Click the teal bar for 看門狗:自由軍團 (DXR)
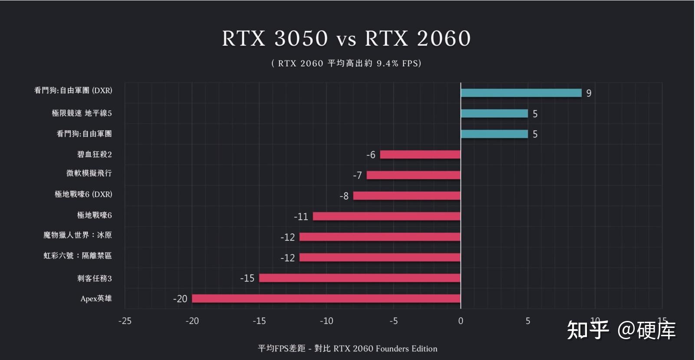[521, 93]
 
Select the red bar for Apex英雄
[326, 299]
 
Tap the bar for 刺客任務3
[359, 278]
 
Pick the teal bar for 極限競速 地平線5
[494, 113]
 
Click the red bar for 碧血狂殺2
[420, 155]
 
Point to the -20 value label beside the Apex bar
[180, 299]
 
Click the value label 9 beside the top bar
[589, 93]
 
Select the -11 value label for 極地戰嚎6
[301, 217]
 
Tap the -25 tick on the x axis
[125, 321]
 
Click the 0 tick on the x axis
[461, 321]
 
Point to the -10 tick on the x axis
[326, 321]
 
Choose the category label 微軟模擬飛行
[89, 173]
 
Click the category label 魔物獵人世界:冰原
[77, 235]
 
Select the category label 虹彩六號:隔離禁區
[77, 256]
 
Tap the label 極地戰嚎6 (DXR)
[83, 194]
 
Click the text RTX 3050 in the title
[275, 38]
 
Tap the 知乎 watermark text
[588, 330]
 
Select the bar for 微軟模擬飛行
[413, 175]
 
